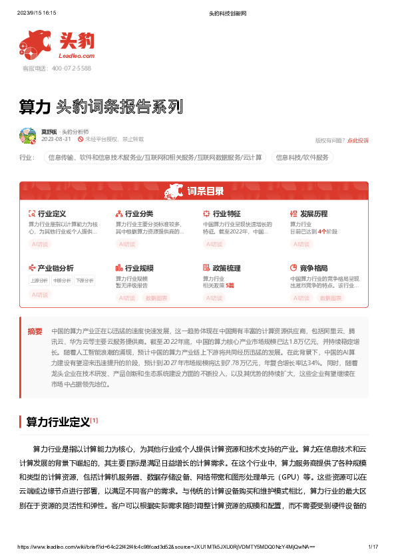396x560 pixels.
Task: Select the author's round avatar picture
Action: pos(28,136)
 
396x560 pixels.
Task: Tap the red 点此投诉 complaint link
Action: pos(358,140)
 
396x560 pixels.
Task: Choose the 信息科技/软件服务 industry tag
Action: pos(302,158)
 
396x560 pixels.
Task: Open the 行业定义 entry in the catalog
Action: pos(51,214)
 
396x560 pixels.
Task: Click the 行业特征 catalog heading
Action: pos(226,214)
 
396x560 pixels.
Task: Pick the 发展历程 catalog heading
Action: pos(313,214)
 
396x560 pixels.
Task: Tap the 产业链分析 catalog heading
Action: pos(55,268)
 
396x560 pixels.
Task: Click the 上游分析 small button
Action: pos(39,281)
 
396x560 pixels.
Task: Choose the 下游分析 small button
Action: pos(84,281)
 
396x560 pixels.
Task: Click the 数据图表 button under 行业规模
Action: pos(156,298)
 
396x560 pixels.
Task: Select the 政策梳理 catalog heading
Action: pos(226,268)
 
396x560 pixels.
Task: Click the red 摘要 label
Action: pos(35,331)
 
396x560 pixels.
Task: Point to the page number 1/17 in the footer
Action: pos(373,546)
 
